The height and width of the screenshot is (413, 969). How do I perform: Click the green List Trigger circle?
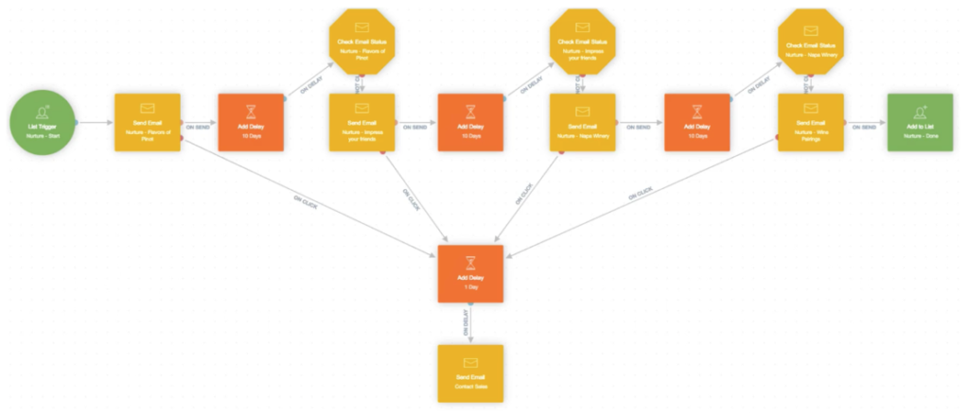[x=42, y=122]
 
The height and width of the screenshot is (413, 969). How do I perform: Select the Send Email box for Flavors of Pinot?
[x=147, y=122]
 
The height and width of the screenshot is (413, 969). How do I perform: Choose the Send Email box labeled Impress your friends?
[x=361, y=122]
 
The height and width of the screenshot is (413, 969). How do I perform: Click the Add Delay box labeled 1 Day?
[x=470, y=274]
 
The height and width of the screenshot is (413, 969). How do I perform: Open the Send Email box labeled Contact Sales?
[x=470, y=372]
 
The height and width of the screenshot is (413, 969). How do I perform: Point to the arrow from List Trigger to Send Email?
[x=95, y=123]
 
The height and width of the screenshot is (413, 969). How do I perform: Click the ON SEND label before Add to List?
[x=863, y=126]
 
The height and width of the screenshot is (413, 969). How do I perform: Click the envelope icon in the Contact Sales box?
[x=470, y=362]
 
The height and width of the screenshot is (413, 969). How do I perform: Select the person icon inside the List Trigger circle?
[x=42, y=112]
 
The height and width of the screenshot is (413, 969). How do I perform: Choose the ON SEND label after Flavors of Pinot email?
[x=197, y=126]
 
